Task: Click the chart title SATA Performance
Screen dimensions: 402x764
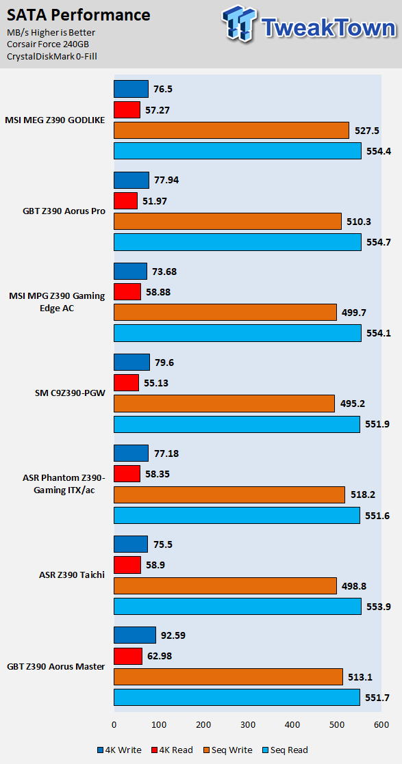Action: (x=79, y=16)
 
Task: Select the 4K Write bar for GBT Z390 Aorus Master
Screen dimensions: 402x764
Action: (x=135, y=635)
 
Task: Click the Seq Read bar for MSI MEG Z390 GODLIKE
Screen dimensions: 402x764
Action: (x=238, y=151)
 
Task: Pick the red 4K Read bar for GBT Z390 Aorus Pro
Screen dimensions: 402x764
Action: (x=126, y=200)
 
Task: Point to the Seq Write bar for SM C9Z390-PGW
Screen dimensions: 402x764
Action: (x=225, y=404)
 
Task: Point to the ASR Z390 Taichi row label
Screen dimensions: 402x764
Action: (x=72, y=575)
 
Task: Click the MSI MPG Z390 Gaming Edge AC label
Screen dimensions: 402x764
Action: (x=57, y=302)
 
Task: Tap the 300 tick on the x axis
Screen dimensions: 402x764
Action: (x=248, y=724)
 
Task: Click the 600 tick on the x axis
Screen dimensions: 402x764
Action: (x=381, y=724)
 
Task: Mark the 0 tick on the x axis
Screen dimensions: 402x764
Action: (x=114, y=724)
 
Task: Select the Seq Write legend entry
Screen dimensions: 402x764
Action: (x=228, y=750)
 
